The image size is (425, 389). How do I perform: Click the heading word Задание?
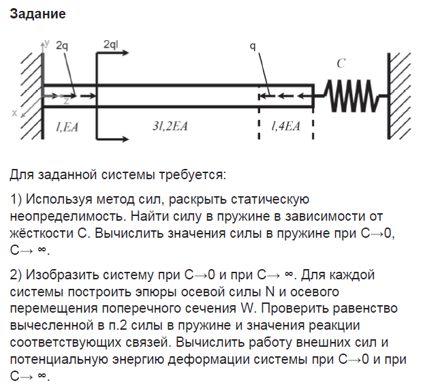[x=38, y=14]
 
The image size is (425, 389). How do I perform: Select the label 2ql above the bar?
[x=111, y=44]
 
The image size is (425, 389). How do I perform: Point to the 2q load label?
[x=62, y=45]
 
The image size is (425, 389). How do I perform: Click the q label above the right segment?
[x=253, y=46]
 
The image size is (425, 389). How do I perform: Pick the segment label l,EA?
[x=67, y=126]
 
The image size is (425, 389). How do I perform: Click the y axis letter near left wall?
[x=47, y=42]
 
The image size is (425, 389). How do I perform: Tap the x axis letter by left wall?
[x=14, y=114]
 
